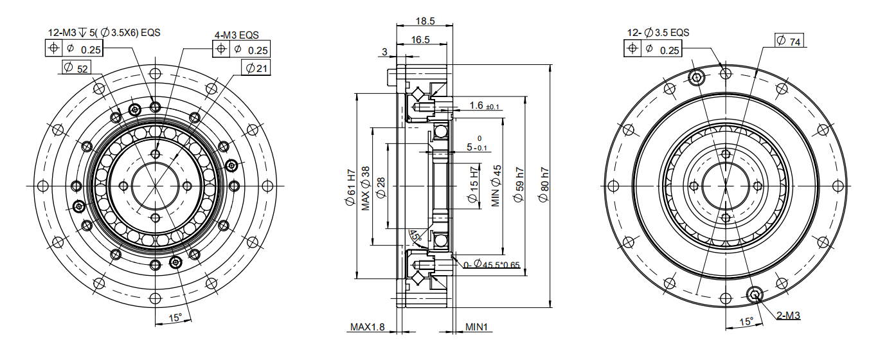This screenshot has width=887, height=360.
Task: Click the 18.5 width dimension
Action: [426, 21]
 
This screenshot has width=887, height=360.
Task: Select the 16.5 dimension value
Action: [420, 40]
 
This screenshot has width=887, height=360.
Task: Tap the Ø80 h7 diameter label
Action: [544, 185]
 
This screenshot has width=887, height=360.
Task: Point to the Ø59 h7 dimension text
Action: [519, 185]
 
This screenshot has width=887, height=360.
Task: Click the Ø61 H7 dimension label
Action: [351, 188]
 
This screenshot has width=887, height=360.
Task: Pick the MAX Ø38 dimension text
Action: [365, 188]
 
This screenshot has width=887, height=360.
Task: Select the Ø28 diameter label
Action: [380, 188]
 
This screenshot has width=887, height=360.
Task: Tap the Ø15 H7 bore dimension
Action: [474, 185]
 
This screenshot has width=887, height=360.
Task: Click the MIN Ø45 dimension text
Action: [496, 186]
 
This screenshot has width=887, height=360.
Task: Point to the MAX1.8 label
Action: [367, 327]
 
